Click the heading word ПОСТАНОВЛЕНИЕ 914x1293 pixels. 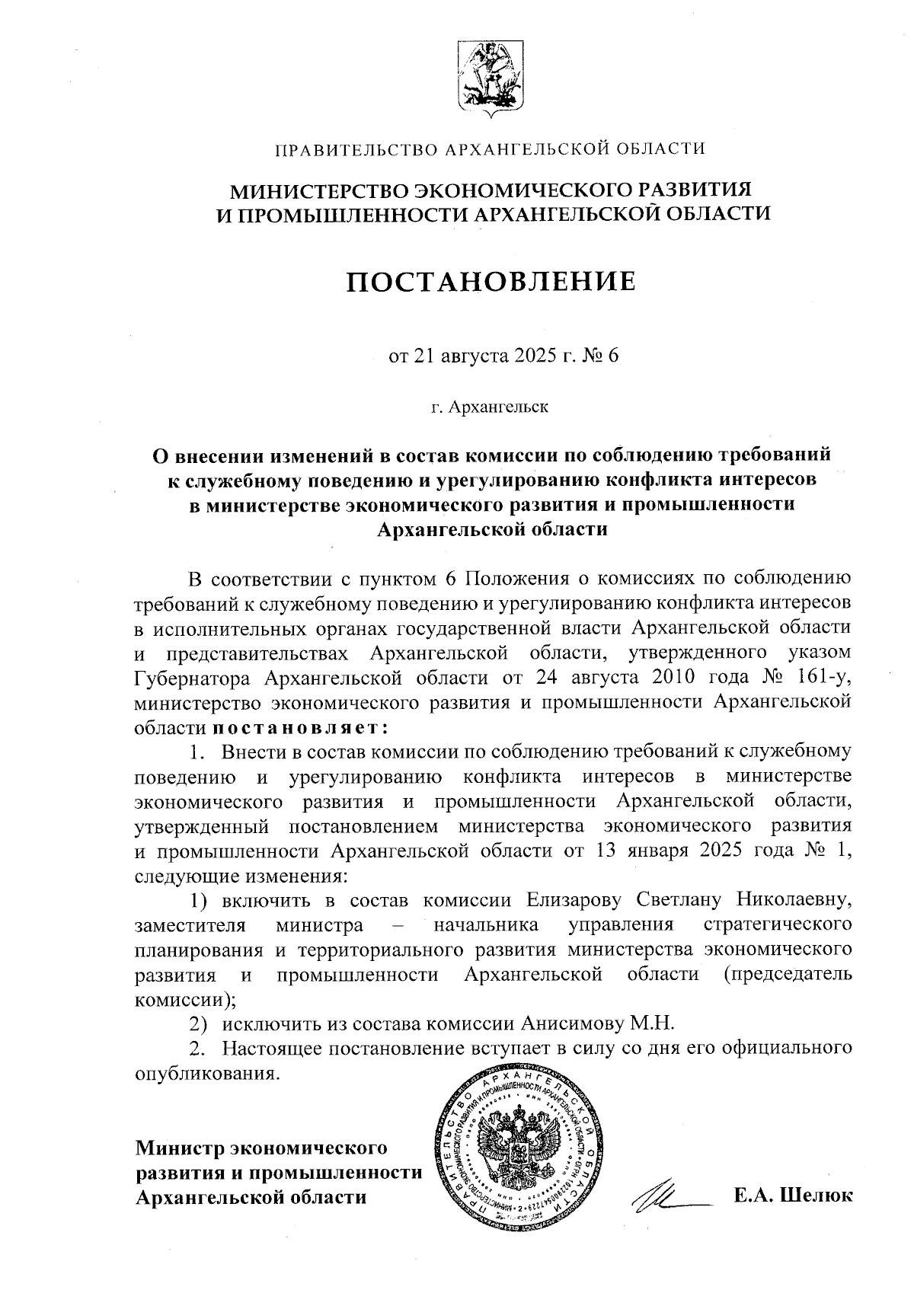click(491, 282)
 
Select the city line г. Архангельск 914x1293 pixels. click(490, 407)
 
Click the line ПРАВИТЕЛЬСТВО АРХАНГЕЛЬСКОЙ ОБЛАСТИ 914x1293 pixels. click(490, 148)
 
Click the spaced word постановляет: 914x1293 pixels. click(301, 726)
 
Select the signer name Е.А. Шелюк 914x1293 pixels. click(792, 1196)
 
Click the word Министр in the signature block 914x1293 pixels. click(180, 1147)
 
